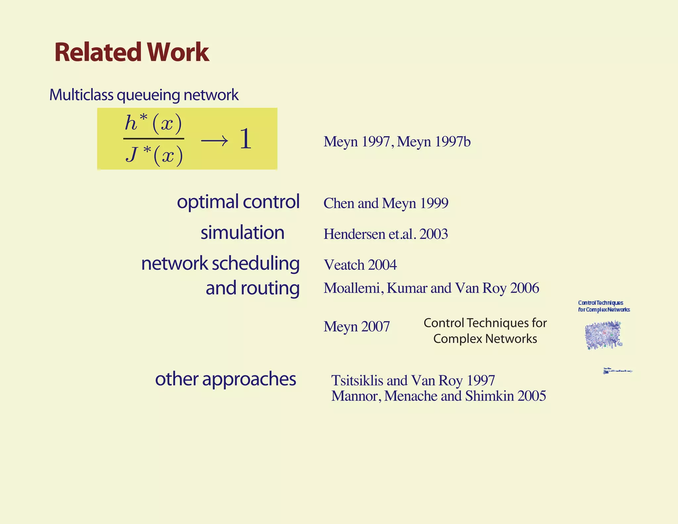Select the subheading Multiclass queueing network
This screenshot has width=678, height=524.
point(144,95)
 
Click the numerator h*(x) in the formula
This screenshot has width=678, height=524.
point(153,123)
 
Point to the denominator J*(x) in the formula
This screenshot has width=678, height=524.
point(154,154)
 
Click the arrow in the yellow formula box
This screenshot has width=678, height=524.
point(214,141)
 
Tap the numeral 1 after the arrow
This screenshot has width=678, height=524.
point(245,139)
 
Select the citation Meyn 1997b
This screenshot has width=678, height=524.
point(434,142)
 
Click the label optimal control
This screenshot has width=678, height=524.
point(238,202)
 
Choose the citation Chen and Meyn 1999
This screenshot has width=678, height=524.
point(386,203)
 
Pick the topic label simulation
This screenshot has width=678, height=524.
point(242,233)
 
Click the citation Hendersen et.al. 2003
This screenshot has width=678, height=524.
point(386,234)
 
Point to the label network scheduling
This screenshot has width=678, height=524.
point(220,264)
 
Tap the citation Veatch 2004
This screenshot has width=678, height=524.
point(360,265)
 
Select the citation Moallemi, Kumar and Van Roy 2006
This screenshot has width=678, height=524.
point(431,288)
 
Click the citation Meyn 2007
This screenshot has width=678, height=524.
point(357,327)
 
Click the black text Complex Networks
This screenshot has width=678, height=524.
point(485,339)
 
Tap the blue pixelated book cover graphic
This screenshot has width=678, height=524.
point(603,335)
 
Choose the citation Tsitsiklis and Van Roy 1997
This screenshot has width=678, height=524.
point(413,381)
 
